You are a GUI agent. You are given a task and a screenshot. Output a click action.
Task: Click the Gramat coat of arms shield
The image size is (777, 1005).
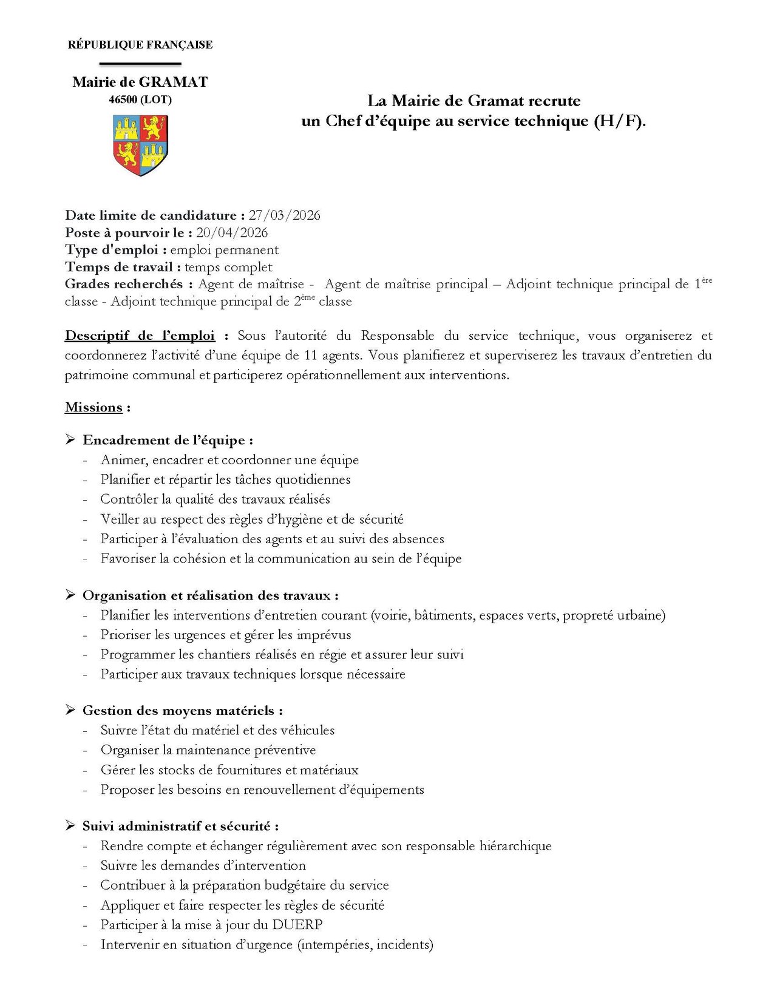point(140,145)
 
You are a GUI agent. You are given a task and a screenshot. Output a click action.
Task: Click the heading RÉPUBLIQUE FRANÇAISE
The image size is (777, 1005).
point(140,45)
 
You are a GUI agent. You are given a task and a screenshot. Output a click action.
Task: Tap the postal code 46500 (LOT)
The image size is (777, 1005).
point(140,100)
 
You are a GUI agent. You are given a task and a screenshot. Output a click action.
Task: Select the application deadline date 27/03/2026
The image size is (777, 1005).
point(284,215)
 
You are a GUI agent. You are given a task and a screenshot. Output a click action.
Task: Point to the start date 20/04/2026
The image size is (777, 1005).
point(232,232)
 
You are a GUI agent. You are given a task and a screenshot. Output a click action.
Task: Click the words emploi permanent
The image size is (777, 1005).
point(224,250)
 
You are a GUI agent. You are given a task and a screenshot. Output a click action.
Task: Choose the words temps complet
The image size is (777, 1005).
point(228,267)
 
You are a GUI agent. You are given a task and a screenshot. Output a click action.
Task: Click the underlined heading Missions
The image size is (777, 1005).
point(94,407)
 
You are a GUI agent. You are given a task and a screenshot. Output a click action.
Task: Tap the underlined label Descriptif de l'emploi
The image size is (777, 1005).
point(140,336)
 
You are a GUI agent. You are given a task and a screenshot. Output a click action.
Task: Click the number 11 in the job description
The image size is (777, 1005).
point(311,355)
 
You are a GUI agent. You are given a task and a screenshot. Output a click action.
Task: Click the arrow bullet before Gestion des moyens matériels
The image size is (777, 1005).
point(70,709)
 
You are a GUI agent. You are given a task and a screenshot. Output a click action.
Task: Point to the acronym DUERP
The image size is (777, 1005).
point(297,925)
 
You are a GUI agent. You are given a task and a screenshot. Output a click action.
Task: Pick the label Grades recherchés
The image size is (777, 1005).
point(124,284)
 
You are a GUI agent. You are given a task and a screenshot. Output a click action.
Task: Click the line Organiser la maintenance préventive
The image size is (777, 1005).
point(208,750)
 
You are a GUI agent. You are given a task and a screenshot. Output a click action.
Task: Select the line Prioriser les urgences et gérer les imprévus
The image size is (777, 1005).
point(226,635)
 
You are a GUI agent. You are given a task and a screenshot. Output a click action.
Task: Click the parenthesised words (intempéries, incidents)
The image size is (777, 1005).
point(365,944)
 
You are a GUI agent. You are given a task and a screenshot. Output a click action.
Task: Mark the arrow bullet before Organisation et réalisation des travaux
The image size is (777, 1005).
point(70,595)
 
